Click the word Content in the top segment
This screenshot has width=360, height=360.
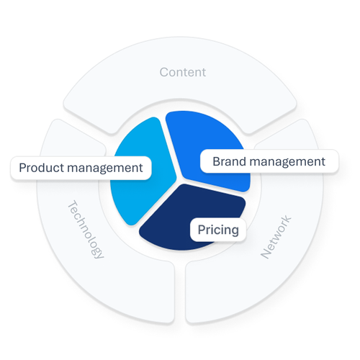183,72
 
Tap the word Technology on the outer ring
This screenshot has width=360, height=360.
86,230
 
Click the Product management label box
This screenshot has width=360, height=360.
81,168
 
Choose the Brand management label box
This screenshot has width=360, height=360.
269,162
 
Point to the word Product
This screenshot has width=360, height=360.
40,168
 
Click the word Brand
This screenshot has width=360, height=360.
229,162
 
